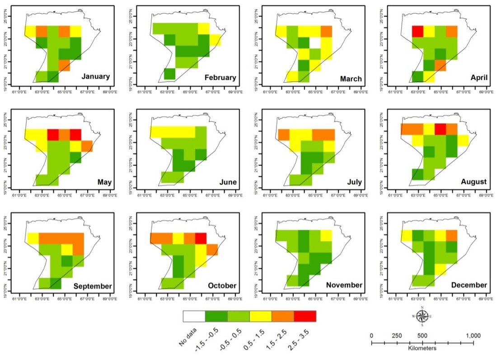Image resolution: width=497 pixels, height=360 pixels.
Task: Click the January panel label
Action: point(95,76)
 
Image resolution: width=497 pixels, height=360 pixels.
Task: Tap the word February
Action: point(220,77)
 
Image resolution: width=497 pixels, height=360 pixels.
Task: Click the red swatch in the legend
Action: point(305,316)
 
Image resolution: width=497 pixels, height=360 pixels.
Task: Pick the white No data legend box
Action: point(194,316)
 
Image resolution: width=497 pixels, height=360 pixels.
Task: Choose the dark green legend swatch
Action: point(216,316)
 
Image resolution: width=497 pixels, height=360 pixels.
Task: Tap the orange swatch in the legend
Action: point(283,316)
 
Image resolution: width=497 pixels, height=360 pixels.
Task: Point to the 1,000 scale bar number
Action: point(473,336)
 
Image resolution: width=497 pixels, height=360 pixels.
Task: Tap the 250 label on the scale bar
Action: point(397,336)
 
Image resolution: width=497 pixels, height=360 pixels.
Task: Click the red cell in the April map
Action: point(417,31)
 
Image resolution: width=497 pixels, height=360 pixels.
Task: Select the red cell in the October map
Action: point(201,238)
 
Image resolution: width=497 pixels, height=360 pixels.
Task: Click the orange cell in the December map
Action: point(451,236)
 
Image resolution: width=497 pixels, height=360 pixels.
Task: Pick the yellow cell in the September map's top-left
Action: point(33,238)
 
